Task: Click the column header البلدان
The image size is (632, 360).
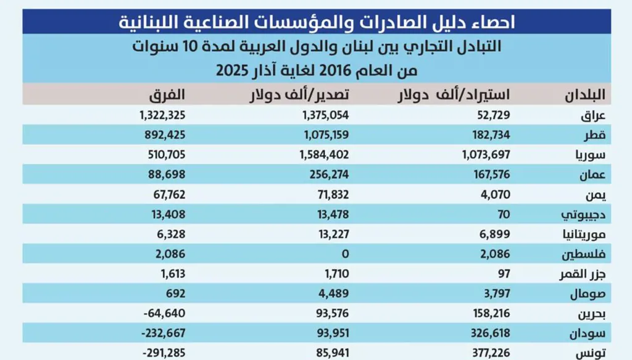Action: point(586,96)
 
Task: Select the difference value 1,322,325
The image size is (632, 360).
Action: point(162,115)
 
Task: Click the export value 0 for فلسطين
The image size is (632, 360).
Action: point(346,254)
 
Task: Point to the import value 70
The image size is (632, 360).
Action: point(504,214)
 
